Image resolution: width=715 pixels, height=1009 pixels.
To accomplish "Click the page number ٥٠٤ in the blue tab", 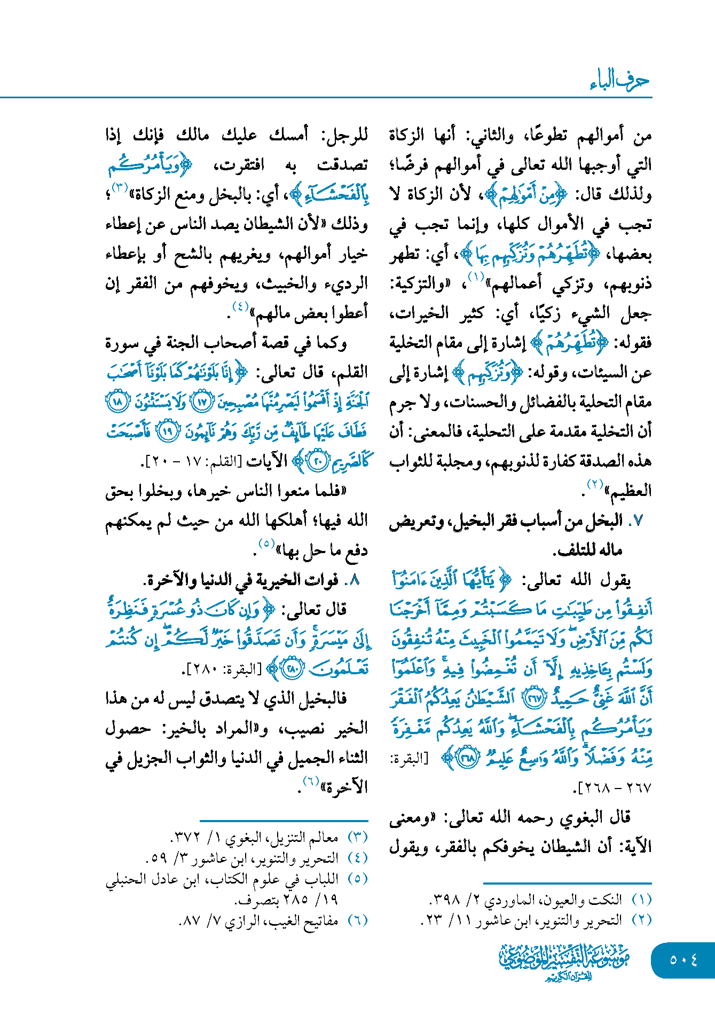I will pos(683,960).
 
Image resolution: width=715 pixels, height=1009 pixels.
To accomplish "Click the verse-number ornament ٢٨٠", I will pos(293,669).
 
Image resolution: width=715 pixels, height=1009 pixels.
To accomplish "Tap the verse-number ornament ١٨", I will pos(117,401).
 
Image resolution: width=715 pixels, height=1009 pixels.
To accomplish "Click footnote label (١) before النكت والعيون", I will pos(642,900).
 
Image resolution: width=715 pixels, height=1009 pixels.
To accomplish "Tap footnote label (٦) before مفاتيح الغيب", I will pos(358,920).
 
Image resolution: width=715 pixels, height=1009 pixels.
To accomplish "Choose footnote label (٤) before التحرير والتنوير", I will pos(358,858).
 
